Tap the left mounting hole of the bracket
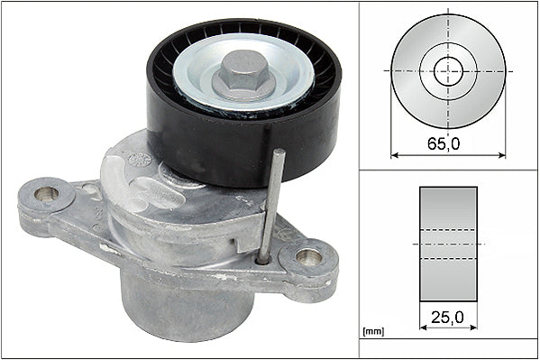pyautogui.click(x=45, y=193)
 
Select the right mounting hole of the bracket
pyautogui.click(x=308, y=255)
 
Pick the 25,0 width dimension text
pyautogui.click(x=448, y=317)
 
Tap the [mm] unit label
pyautogui.click(x=372, y=332)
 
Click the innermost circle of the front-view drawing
pyautogui.click(x=448, y=70)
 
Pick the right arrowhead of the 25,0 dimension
pyautogui.click(x=473, y=328)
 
